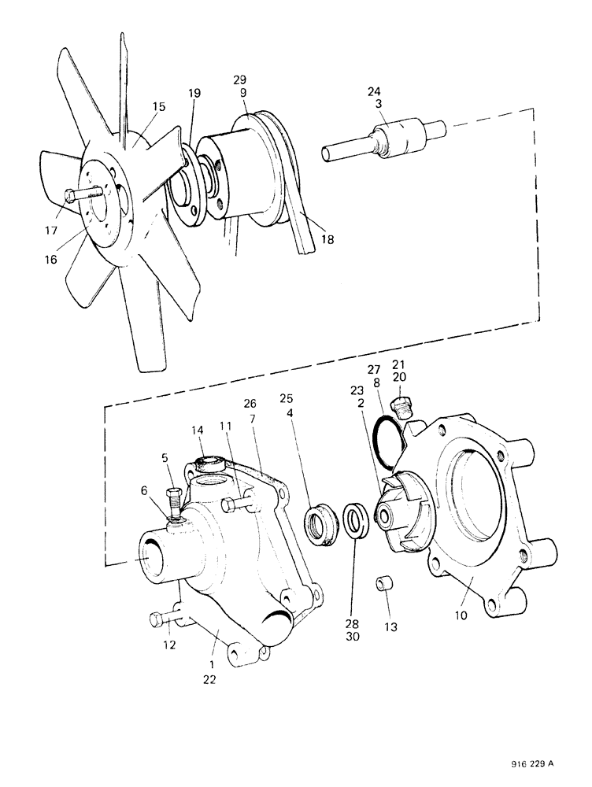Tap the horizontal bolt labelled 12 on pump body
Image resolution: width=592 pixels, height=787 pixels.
161,620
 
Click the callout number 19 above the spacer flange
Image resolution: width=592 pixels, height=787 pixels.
194,94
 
